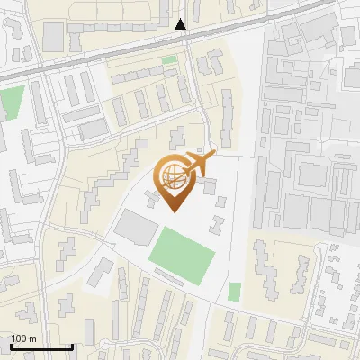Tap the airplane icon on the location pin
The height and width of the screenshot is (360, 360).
point(200,165)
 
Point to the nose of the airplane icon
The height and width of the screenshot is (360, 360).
point(214,155)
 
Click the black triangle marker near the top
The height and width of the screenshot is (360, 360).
point(181,23)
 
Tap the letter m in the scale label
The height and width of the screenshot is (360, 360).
point(32,338)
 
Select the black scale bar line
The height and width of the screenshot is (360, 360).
point(41,347)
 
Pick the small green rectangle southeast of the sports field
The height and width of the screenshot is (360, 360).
point(235,292)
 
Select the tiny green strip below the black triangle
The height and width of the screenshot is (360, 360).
point(169,60)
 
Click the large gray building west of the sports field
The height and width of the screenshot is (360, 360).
point(135,229)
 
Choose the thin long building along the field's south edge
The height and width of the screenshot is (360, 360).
point(180,282)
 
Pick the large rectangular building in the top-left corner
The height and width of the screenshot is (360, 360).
point(54,36)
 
